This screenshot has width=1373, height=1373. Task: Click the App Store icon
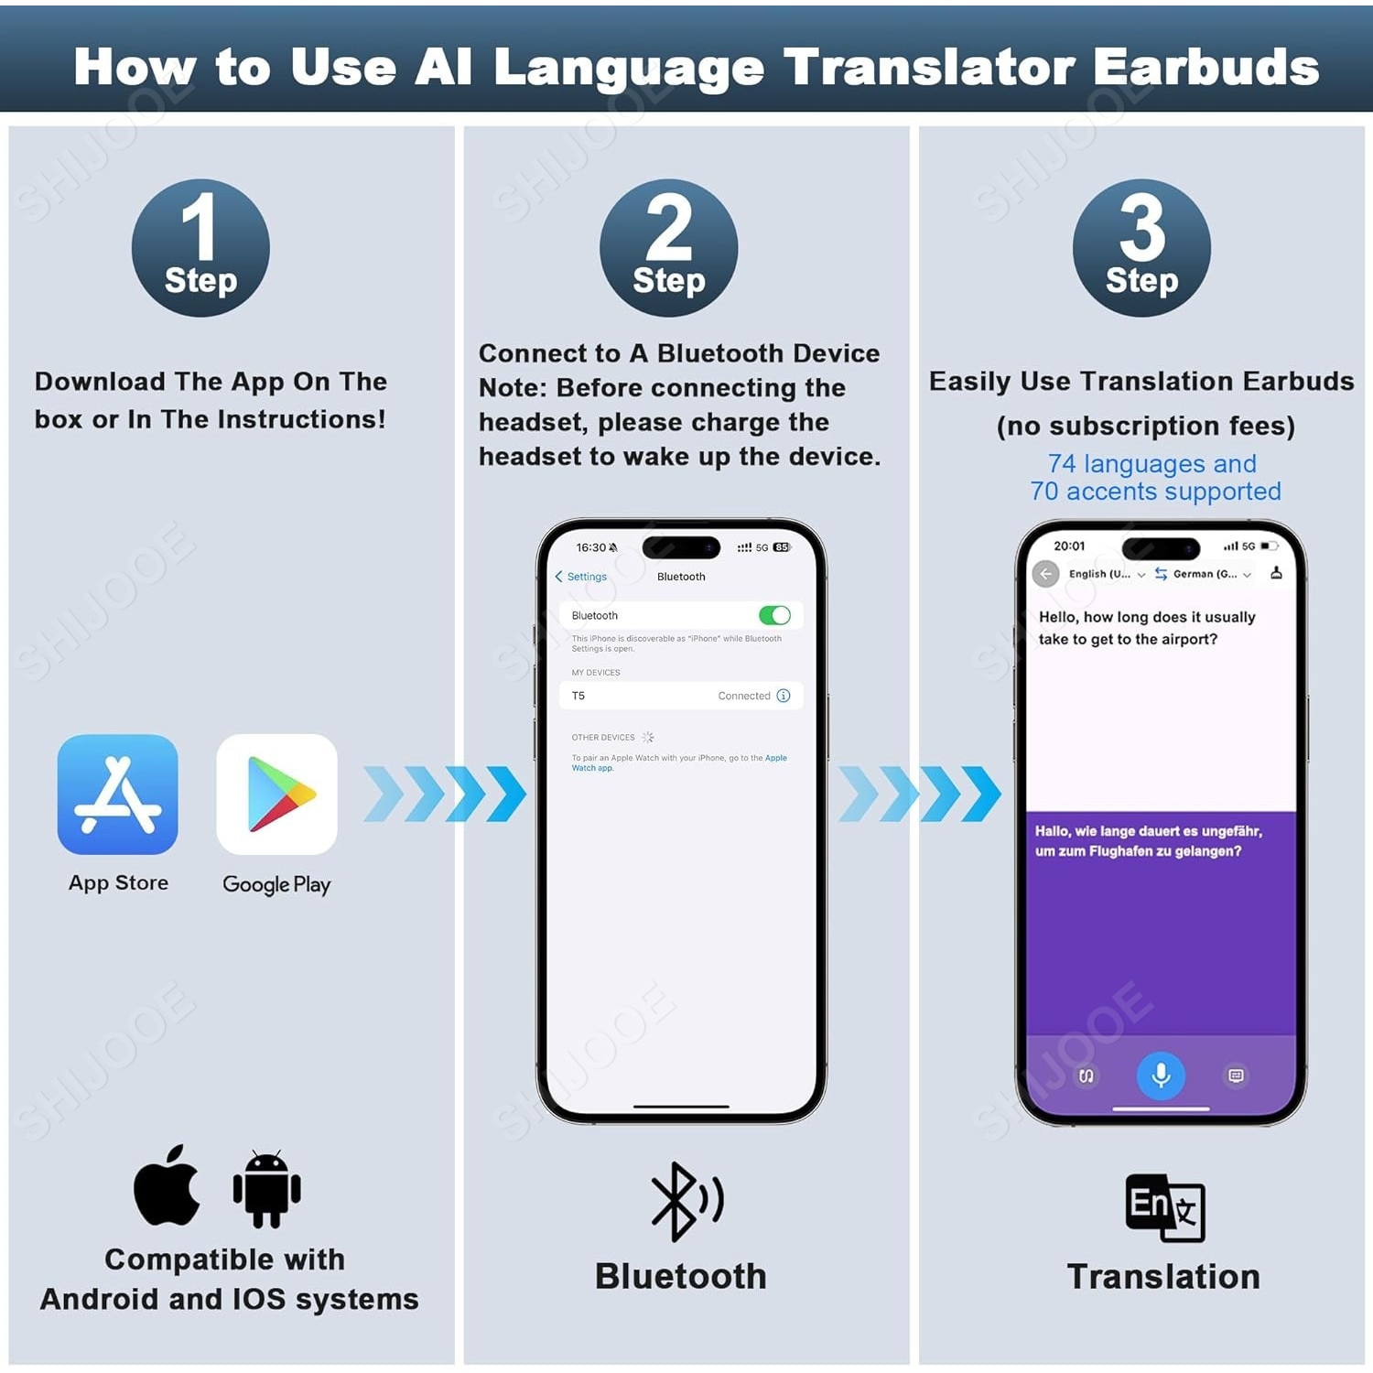click(117, 794)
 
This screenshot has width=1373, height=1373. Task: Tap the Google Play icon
click(276, 794)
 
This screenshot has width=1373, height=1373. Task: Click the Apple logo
click(167, 1185)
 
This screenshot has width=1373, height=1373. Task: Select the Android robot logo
click(266, 1188)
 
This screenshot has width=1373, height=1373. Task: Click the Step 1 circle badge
click(200, 248)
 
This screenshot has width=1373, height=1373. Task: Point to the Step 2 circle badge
click(668, 248)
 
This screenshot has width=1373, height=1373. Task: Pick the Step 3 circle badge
click(1141, 248)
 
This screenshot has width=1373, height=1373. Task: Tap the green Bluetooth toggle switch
click(774, 615)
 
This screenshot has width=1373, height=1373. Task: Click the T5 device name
click(578, 696)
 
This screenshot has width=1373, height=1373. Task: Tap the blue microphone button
click(1161, 1075)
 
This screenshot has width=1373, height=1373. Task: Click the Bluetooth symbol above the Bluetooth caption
click(685, 1202)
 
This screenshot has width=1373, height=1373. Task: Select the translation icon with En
click(1164, 1207)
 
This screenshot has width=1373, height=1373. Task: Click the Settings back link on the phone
click(581, 577)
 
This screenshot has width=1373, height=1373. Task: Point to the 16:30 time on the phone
click(591, 547)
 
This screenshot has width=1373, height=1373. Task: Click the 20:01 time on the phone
click(1069, 546)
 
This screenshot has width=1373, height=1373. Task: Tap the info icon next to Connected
click(784, 696)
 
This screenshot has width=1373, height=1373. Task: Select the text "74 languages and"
click(1151, 464)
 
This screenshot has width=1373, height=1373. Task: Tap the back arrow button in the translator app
click(1045, 574)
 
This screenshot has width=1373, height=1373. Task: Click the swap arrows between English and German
click(1161, 574)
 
